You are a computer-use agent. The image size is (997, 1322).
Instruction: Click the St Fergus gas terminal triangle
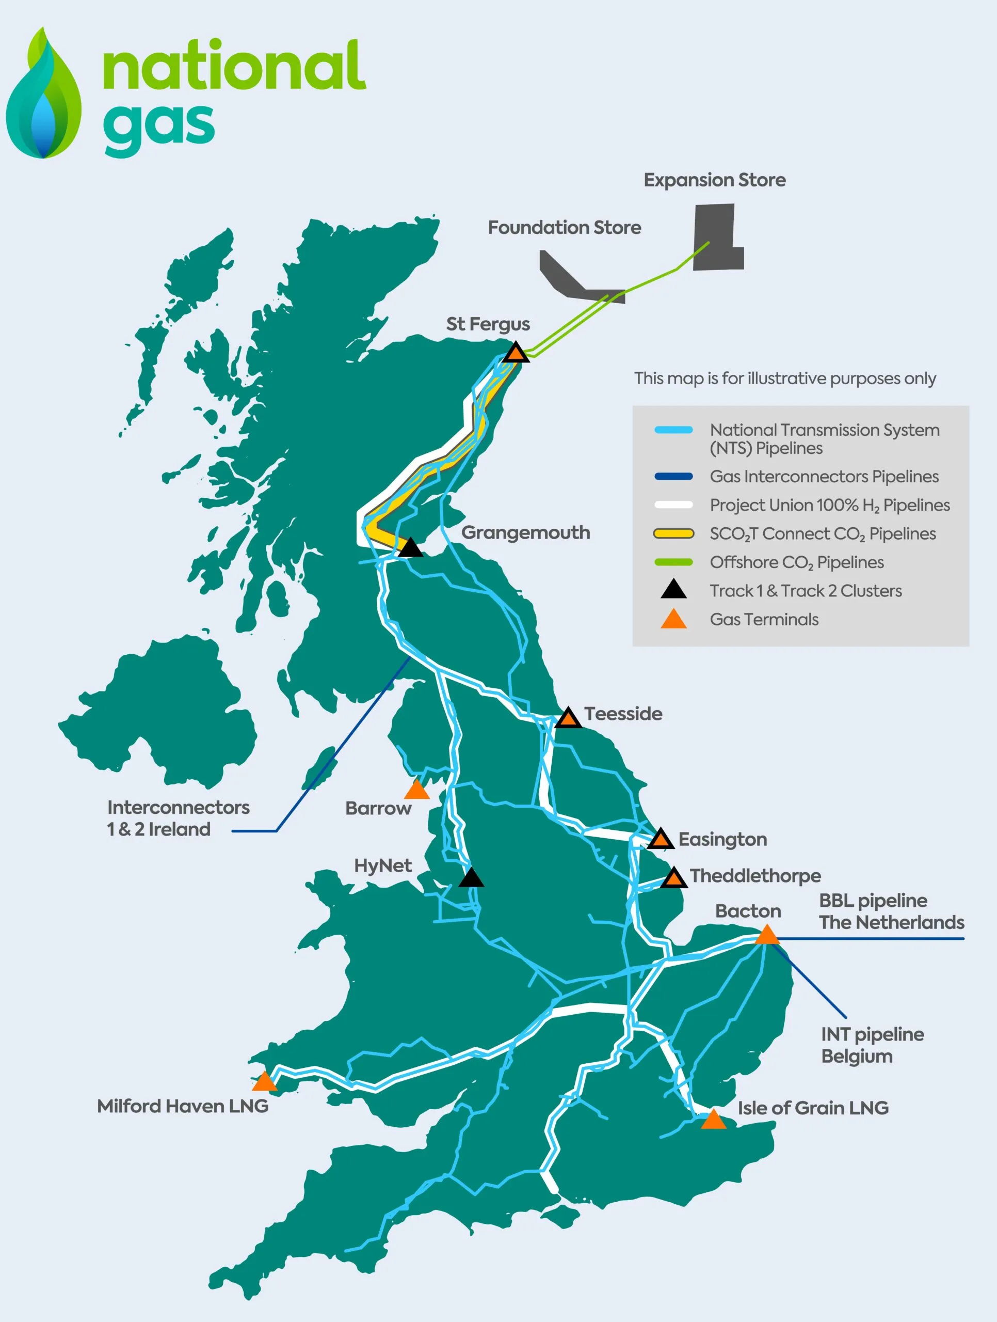(x=516, y=354)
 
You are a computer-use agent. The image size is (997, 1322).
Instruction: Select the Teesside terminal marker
(x=568, y=718)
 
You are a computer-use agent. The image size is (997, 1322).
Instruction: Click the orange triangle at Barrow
(x=416, y=791)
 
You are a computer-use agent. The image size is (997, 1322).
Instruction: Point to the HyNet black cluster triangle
(x=471, y=878)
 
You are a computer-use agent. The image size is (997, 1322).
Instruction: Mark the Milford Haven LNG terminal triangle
(x=264, y=1082)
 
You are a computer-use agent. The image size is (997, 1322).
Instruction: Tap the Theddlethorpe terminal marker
(x=674, y=878)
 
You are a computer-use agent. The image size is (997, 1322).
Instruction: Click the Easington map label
(x=722, y=840)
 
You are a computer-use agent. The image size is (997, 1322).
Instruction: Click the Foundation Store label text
(x=564, y=228)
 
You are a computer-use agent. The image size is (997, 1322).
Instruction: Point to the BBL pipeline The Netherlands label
(x=891, y=912)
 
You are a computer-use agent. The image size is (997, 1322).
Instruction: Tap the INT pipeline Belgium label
(x=872, y=1045)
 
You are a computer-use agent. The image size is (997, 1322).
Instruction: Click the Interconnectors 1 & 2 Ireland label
(x=178, y=818)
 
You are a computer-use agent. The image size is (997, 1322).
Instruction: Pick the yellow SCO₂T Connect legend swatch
(x=673, y=533)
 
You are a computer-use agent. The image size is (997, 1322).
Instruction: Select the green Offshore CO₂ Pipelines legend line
(x=673, y=562)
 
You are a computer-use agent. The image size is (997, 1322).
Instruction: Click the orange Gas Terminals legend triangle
(x=673, y=620)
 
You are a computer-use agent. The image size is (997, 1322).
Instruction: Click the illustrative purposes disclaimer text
(x=784, y=379)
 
